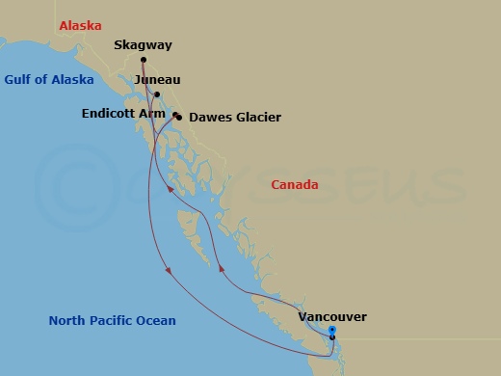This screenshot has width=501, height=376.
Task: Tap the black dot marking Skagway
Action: pos(144,60)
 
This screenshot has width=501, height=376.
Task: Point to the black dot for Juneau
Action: pos(156,94)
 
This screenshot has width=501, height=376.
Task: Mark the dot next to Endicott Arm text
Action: pos(175,116)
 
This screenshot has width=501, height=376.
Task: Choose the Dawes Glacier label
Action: pos(235,118)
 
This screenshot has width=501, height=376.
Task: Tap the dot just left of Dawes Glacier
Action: pos(180,119)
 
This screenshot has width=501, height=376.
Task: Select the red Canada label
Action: pos(295,184)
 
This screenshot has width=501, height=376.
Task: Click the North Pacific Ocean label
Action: pos(113,321)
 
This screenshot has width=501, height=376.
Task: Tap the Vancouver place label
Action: pos(332,316)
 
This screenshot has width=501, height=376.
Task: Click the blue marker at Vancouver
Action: pos(332,331)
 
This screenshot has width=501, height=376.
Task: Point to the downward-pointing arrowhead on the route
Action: pos(169,270)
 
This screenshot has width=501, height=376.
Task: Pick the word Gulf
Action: pos(20,80)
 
